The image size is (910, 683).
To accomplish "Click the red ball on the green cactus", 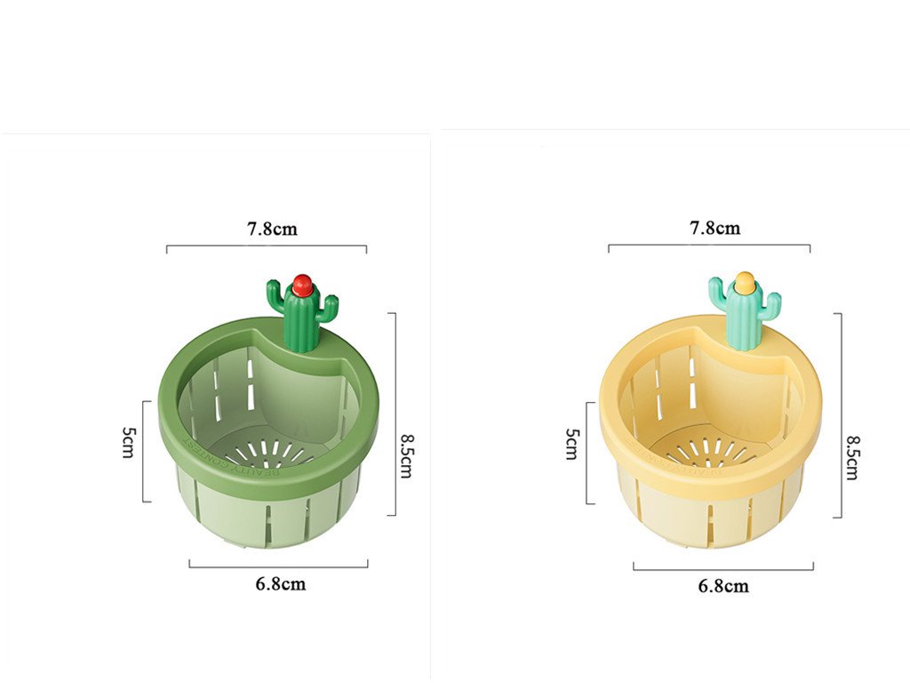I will pyautogui.click(x=302, y=285).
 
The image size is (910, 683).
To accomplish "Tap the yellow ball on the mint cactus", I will pyautogui.click(x=744, y=284).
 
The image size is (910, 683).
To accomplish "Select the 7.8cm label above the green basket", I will pyautogui.click(x=272, y=229).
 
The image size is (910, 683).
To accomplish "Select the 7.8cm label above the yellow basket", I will pyautogui.click(x=714, y=228).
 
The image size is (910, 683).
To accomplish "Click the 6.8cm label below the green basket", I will pyautogui.click(x=280, y=584).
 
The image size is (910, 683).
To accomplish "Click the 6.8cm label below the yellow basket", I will pyautogui.click(x=723, y=586).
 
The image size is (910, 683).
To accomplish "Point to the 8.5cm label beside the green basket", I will pyautogui.click(x=406, y=456).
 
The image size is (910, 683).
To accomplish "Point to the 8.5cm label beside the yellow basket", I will pyautogui.click(x=851, y=457).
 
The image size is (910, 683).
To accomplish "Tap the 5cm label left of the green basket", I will pyautogui.click(x=129, y=442).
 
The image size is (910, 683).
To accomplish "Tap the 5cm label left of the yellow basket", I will pyautogui.click(x=572, y=444).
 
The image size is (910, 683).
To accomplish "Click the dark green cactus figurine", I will pyautogui.click(x=303, y=316).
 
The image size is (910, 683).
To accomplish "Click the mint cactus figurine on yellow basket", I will pyautogui.click(x=745, y=314).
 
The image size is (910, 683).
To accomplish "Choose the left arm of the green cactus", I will pyautogui.click(x=276, y=293).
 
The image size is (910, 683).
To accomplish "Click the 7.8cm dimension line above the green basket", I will pyautogui.click(x=266, y=246).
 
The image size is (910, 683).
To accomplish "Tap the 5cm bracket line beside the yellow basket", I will pyautogui.click(x=588, y=453).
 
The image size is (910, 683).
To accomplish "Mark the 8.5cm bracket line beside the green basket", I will pyautogui.click(x=394, y=414).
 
